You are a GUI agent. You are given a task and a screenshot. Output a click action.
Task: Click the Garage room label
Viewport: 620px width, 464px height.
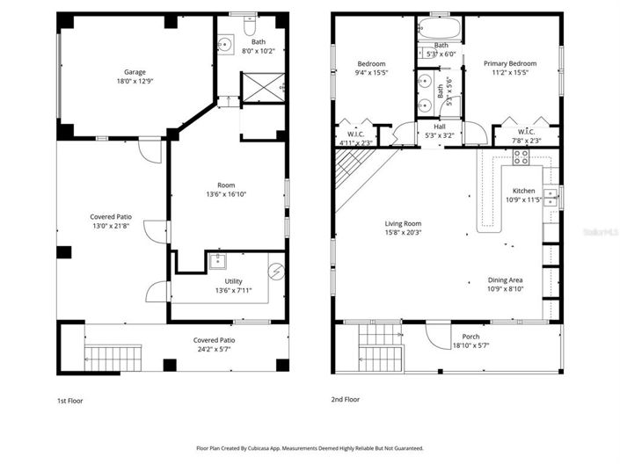(135, 72)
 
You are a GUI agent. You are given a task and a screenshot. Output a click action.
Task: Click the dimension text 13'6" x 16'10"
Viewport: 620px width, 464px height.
(226, 195)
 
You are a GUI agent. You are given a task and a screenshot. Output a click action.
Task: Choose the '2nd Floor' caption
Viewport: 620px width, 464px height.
(345, 400)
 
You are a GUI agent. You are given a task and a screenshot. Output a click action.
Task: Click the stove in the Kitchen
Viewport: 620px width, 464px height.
(520, 158)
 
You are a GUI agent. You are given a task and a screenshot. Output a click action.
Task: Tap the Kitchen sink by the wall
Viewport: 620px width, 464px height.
(550, 195)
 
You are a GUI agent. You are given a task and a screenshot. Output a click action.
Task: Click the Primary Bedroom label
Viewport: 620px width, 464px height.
(510, 63)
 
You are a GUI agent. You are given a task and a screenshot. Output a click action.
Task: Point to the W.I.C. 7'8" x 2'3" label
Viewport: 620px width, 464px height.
(524, 135)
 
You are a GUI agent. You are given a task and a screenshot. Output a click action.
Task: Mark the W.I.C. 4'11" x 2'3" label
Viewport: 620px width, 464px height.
(355, 135)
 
